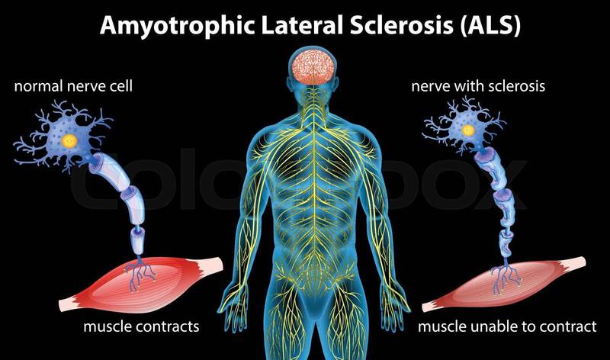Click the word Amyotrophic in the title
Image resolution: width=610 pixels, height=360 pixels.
click(177, 25)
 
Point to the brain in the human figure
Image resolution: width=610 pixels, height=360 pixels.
click(313, 67)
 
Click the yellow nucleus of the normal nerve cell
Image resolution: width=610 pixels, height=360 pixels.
click(69, 140)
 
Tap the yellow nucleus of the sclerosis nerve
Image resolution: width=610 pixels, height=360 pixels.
click(468, 130)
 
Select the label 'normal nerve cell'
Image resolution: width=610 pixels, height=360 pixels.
click(73, 86)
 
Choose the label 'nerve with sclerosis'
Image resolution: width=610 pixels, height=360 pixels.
click(478, 86)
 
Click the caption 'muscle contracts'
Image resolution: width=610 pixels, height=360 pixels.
click(141, 326)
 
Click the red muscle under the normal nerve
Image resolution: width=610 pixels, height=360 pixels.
click(141, 284)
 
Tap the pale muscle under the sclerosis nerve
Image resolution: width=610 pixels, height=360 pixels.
click(504, 284)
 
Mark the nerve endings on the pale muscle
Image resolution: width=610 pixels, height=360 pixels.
click(506, 278)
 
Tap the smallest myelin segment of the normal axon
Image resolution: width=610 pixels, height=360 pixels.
click(138, 240)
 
